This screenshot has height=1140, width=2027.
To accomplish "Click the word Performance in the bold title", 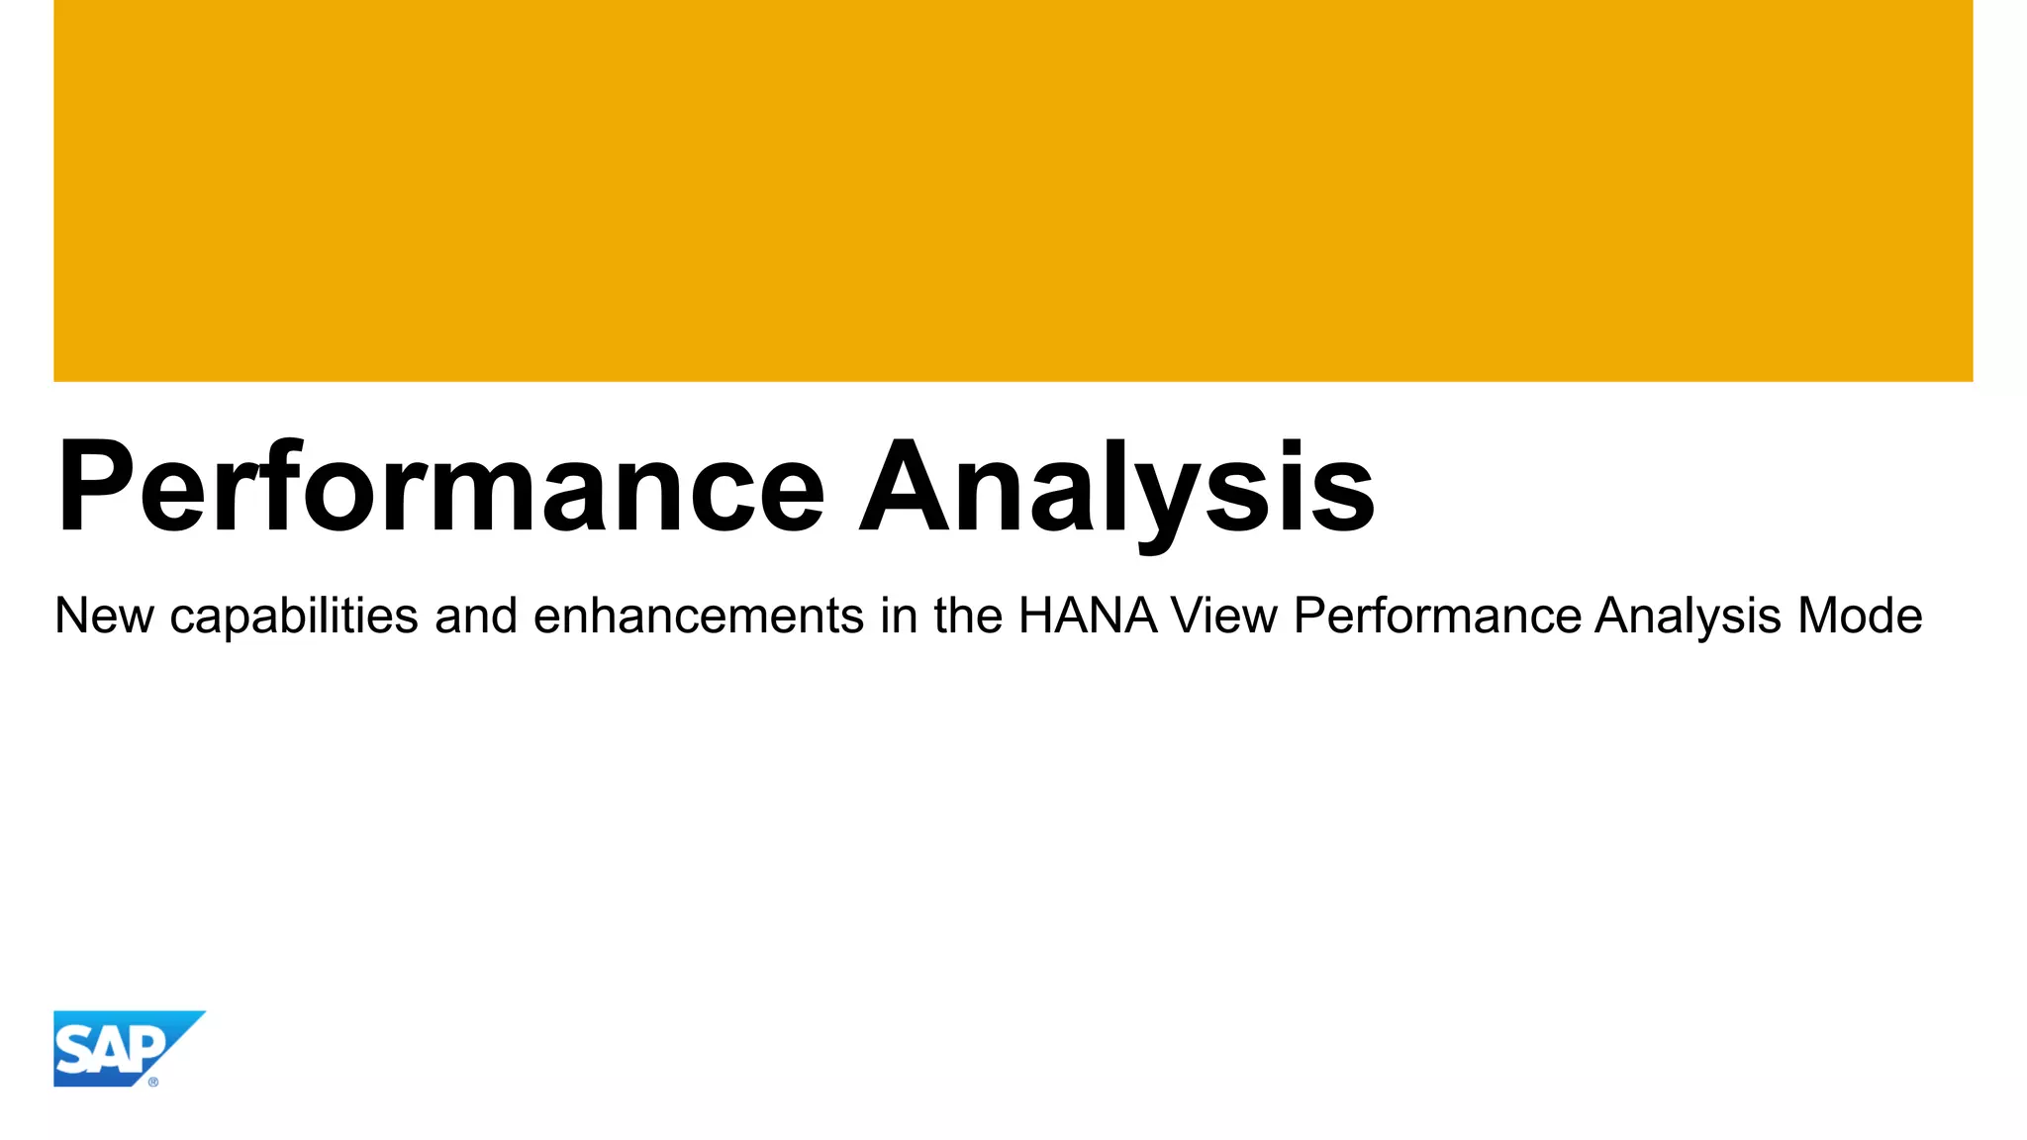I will (441, 487).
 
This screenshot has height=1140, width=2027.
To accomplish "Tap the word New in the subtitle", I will (104, 616).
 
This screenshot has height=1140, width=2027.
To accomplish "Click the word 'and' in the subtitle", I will (476, 616).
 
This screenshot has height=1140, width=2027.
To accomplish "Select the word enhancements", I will (699, 616).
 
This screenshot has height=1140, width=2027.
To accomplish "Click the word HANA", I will (1088, 616).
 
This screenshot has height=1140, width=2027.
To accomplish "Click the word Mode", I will (1860, 616).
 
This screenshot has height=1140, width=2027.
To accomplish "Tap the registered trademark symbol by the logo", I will (153, 1082).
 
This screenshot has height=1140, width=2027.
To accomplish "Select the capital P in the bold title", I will (95, 487).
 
